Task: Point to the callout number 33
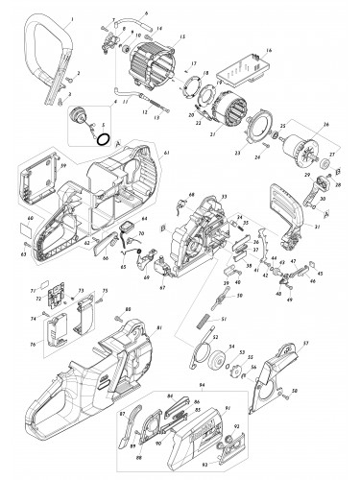(x=223, y=196)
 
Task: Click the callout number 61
(x=166, y=155)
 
